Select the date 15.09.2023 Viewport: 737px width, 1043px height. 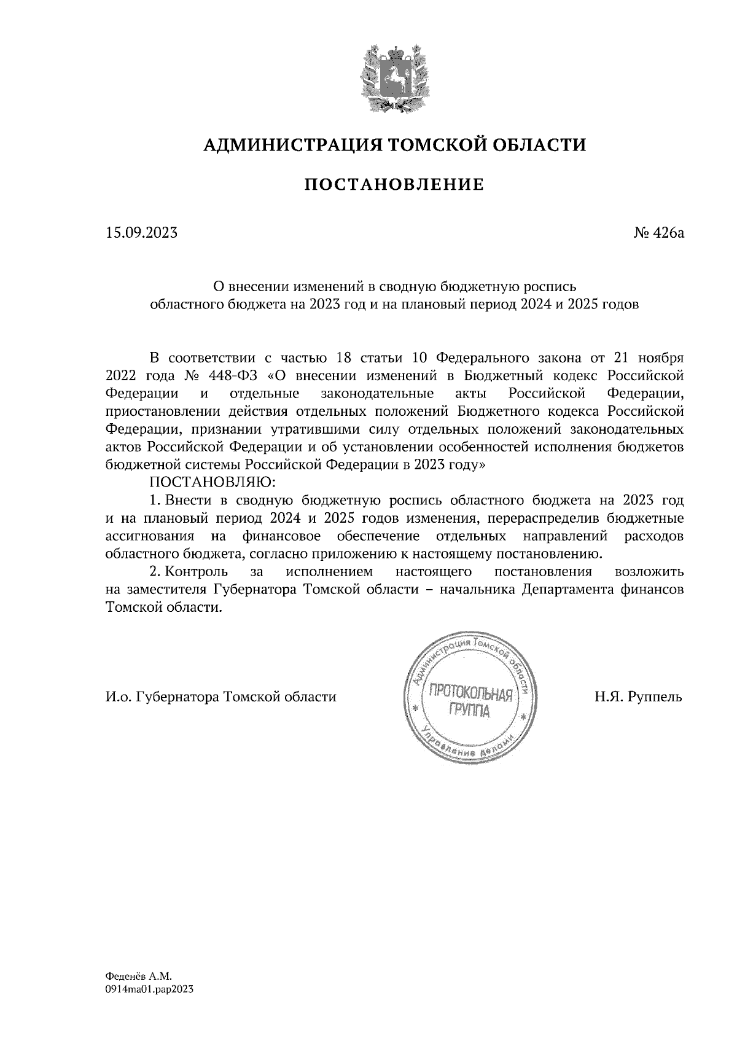pyautogui.click(x=141, y=233)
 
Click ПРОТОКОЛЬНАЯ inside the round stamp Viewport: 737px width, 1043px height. pyautogui.click(x=470, y=695)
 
